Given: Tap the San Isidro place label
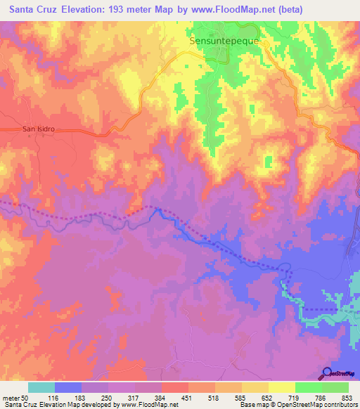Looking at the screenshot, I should pyautogui.click(x=39, y=129).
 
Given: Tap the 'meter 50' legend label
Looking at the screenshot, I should pyautogui.click(x=15, y=398).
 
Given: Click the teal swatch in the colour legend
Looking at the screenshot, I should pyautogui.click(x=41, y=387).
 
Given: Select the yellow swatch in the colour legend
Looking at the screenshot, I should pyautogui.click(x=281, y=387).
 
